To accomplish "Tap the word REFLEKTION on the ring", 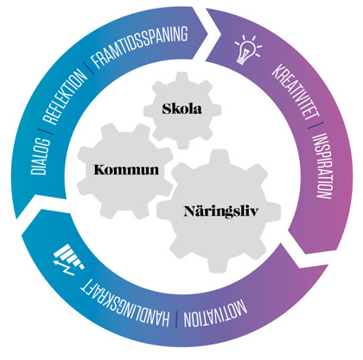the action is point(65,96).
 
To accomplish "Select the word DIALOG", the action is point(40,156).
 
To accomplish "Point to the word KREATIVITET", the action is point(296,92).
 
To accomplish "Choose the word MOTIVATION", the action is point(215,314).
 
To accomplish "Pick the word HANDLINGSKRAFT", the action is point(124,305).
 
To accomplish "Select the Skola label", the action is point(181,109).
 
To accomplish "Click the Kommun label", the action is point(126,170).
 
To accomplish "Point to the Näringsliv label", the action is point(221,212).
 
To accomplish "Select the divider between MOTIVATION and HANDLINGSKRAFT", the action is point(176,319).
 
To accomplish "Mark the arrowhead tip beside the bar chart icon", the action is point(17,218).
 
